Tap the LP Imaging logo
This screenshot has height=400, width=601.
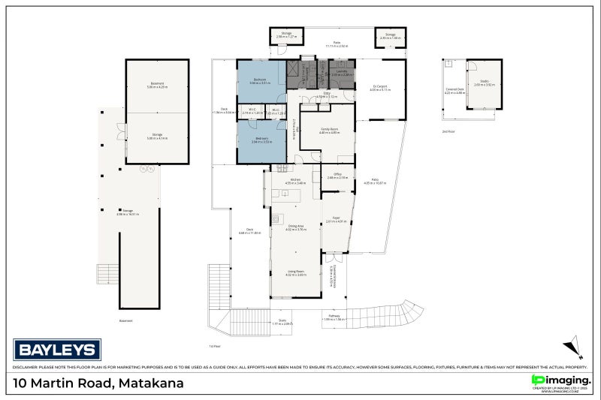point(560,382)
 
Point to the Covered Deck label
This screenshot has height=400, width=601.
point(455,90)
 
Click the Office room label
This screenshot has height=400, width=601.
point(337,176)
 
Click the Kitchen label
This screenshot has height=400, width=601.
point(295,180)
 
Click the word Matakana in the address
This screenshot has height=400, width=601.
point(152,383)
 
